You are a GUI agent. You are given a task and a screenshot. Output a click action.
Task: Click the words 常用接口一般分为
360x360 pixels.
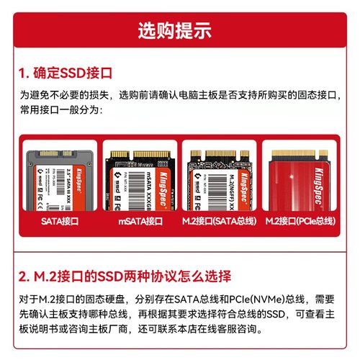coord(60,112)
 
